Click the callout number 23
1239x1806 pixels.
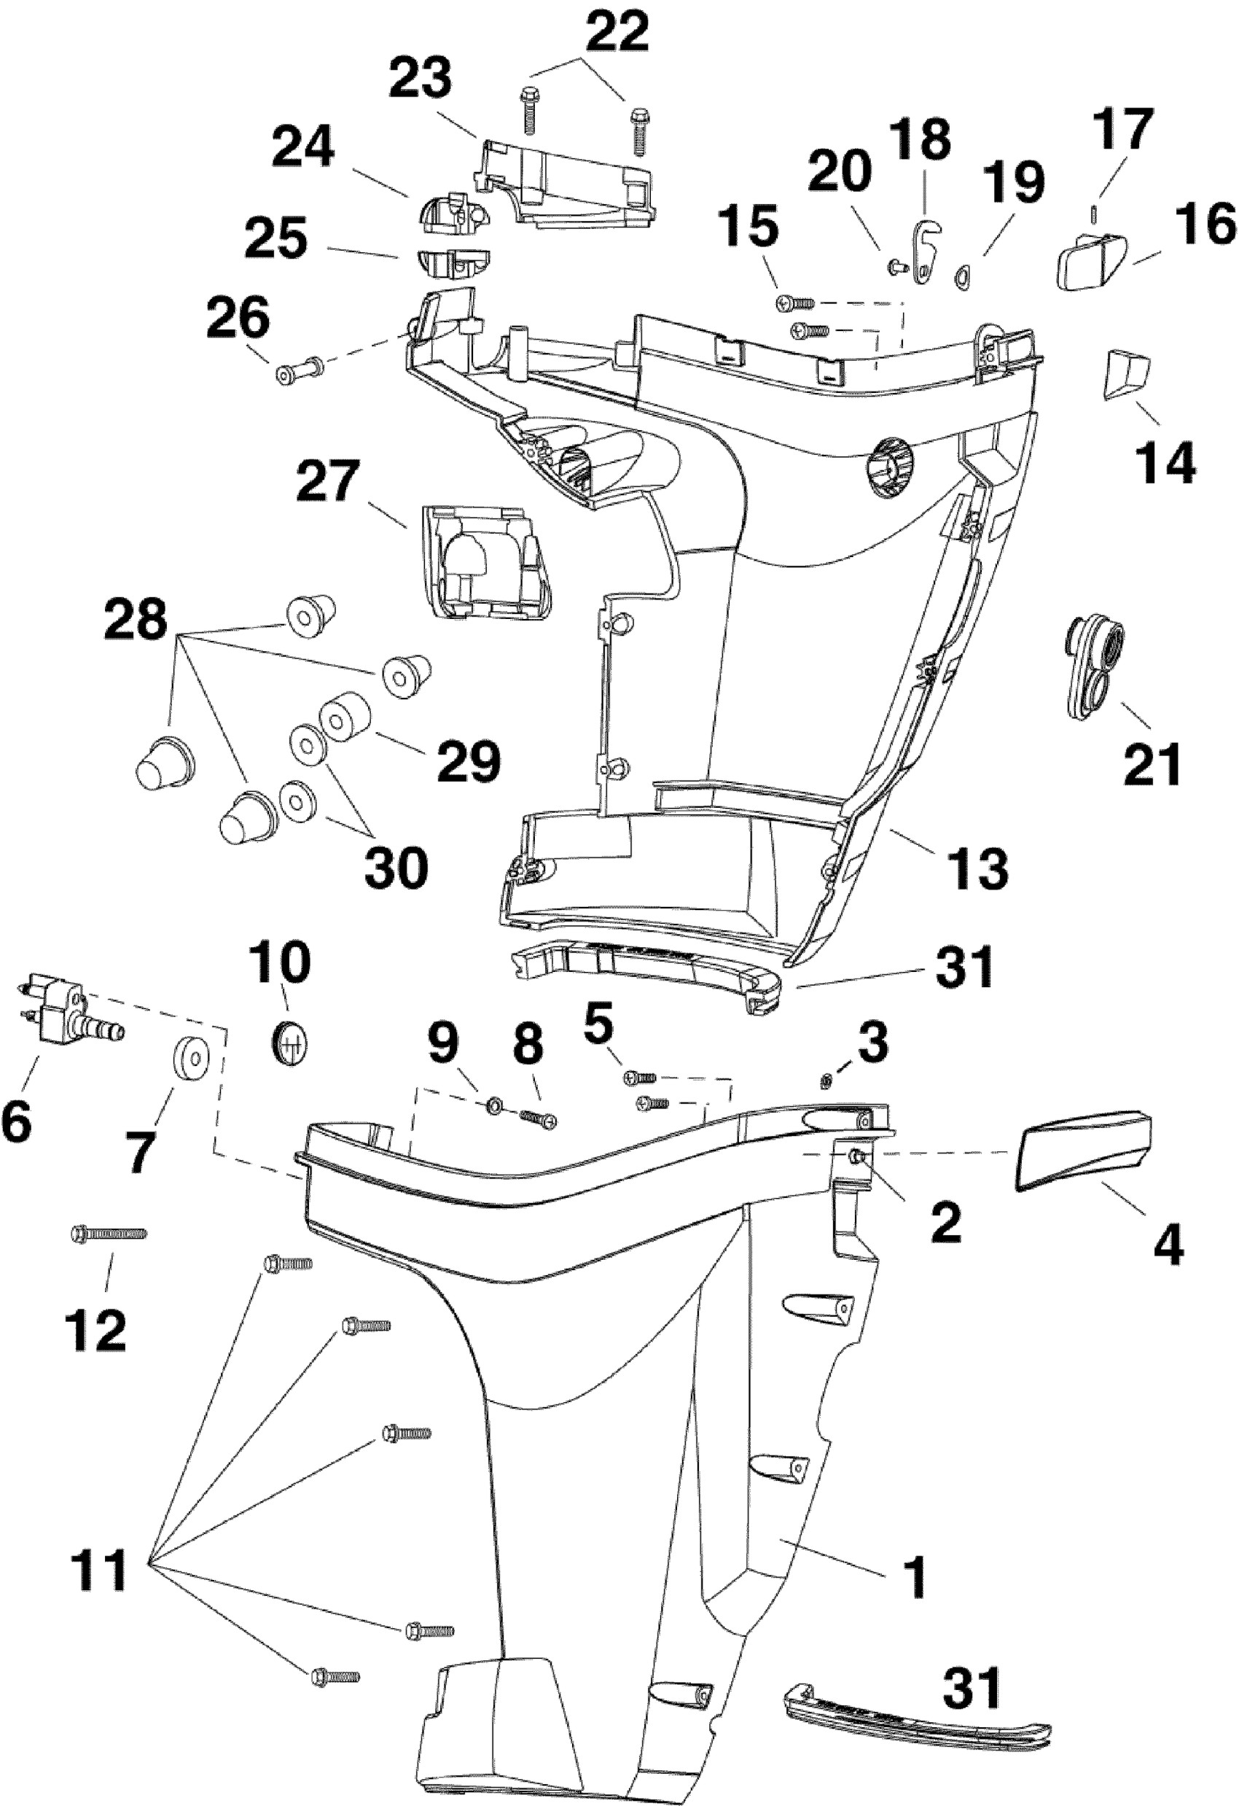[x=421, y=79]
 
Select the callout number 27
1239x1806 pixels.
[x=328, y=483]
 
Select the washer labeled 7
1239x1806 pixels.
[x=189, y=1059]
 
